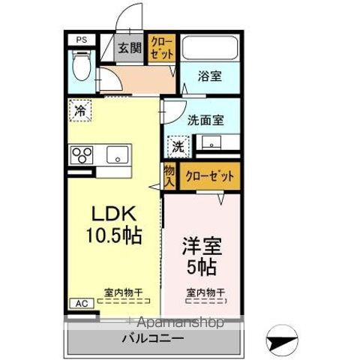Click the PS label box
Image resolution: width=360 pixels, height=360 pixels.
click(79, 40)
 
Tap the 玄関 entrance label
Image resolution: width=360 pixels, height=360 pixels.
click(129, 48)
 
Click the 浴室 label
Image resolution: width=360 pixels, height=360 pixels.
click(209, 76)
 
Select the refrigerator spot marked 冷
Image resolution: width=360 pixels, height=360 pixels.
click(79, 111)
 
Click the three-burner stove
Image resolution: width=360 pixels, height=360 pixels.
click(81, 155)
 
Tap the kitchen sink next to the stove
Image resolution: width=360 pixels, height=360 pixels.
click(117, 155)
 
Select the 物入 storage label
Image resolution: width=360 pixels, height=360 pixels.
click(169, 176)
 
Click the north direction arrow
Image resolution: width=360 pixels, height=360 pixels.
click(286, 339)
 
